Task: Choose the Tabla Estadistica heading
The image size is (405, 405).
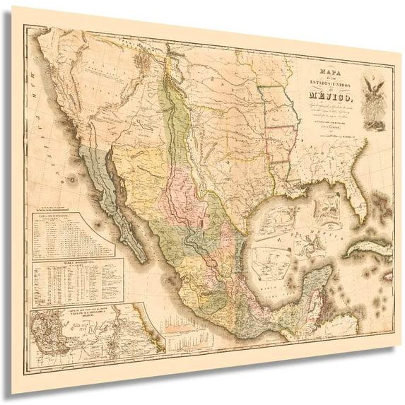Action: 74,259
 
